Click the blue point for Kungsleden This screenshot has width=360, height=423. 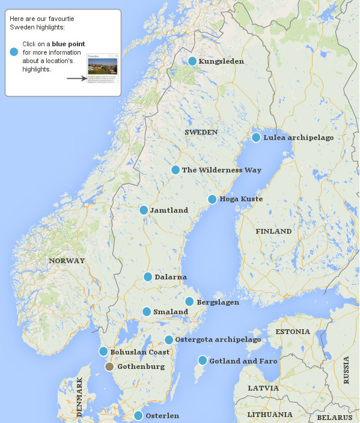click(192, 61)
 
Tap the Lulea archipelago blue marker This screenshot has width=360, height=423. click(256, 138)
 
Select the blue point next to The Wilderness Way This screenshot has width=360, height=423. click(175, 170)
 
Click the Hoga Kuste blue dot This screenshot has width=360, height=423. click(212, 199)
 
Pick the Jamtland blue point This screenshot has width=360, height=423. click(144, 210)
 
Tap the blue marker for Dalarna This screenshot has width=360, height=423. click(148, 277)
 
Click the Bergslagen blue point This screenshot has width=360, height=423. click(189, 302)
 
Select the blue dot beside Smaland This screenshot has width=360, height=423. click(147, 312)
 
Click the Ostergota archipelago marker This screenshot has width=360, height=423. click(169, 340)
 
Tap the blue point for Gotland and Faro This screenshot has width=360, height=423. click(203, 361)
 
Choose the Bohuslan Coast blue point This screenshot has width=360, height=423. click(103, 351)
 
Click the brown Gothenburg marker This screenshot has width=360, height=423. click(109, 367)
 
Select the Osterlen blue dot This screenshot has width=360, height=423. click(138, 416)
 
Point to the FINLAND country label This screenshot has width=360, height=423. click(273, 231)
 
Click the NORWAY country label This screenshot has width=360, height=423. click(67, 261)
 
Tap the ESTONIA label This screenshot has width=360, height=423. click(293, 332)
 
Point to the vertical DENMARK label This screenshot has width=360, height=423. click(80, 397)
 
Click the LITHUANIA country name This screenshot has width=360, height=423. click(269, 415)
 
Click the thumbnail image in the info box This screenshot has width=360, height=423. click(103, 68)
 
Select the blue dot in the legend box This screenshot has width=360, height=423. click(14, 52)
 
